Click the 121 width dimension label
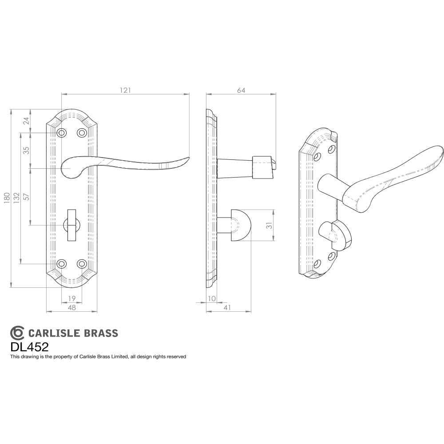[x=126, y=90]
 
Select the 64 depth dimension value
[x=241, y=90]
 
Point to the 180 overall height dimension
[x=6, y=198]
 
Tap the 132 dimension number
[x=16, y=198]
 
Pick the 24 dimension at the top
[x=26, y=121]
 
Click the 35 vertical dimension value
[x=26, y=151]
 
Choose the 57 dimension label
[x=26, y=197]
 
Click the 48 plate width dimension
[x=71, y=307]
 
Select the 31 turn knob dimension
[x=268, y=225]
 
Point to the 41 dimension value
[x=227, y=307]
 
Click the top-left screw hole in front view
[x=62, y=133]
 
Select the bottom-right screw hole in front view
[x=81, y=264]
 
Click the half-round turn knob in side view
[x=240, y=225]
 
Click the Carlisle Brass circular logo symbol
[x=17, y=333]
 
